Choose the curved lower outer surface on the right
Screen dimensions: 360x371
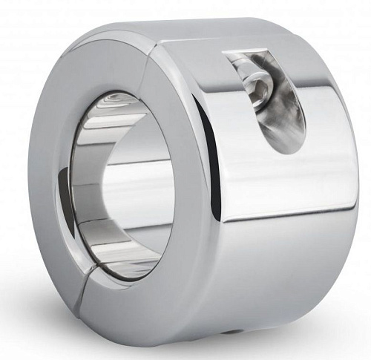[x=297, y=267]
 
